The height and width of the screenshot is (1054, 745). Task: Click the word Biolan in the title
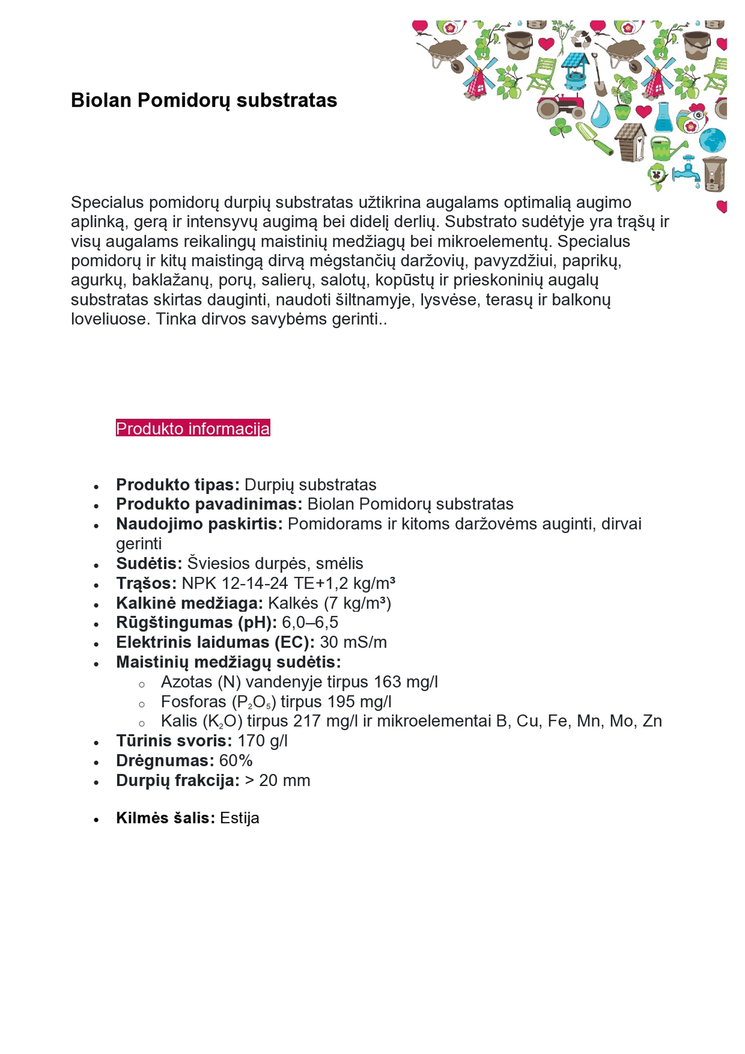tap(101, 100)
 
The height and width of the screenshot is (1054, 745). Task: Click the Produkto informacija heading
tap(193, 428)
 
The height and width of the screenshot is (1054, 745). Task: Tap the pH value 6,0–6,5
tap(310, 623)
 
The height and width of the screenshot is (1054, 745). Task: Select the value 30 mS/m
tap(353, 642)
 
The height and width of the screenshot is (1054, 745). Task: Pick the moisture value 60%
tap(236, 761)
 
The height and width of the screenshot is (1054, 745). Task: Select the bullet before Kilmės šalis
tap(96, 819)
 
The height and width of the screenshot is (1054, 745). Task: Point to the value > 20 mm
tap(278, 781)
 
